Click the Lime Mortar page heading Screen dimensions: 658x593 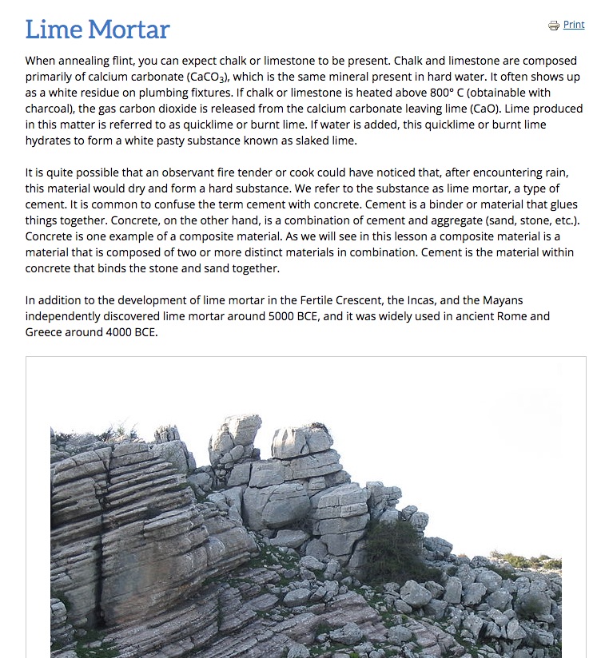click(98, 30)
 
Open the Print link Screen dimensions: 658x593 click(574, 25)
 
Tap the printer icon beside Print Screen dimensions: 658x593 click(554, 26)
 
